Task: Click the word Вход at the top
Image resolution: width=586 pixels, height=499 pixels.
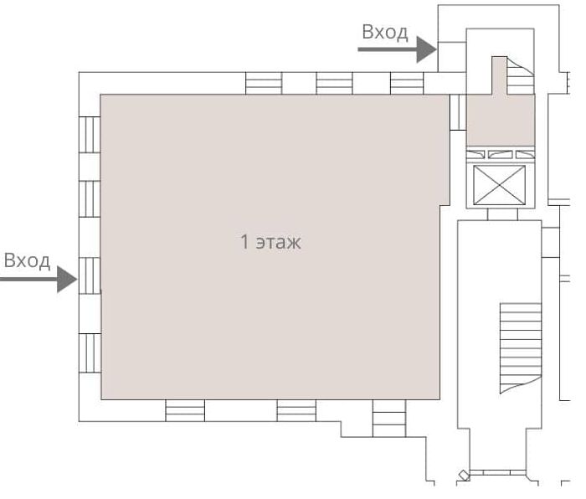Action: tap(385, 32)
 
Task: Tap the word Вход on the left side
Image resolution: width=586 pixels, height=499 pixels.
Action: tap(27, 260)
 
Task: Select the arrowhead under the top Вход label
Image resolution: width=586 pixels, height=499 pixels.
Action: tap(427, 49)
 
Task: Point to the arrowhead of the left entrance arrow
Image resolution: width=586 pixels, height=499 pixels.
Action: tap(67, 279)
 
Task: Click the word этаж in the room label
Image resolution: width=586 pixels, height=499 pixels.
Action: tap(279, 242)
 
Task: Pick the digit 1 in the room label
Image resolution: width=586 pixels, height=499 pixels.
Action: tap(244, 241)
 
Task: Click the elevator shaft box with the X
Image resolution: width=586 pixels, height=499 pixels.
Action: tap(499, 185)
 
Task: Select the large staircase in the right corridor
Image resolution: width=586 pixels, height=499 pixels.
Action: tap(521, 348)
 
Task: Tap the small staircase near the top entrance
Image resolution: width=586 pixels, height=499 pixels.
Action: tap(520, 75)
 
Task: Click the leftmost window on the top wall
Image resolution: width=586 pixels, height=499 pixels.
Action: tap(264, 83)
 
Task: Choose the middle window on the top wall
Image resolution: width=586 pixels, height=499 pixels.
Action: tap(334, 83)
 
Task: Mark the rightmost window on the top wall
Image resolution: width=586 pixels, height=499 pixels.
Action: tap(407, 83)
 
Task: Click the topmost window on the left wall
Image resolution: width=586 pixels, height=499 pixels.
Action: tap(90, 135)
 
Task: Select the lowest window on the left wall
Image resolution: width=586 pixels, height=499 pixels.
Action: tap(90, 353)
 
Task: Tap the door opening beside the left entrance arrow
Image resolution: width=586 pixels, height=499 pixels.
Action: tap(90, 275)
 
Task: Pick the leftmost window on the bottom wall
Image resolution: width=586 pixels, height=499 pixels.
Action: tap(185, 410)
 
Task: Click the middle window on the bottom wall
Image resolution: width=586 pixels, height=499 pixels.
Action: tap(296, 410)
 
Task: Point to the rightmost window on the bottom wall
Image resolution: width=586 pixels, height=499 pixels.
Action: tap(389, 419)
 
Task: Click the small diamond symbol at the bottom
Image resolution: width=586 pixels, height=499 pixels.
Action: tap(465, 475)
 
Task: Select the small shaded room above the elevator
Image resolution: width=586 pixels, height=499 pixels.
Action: tap(501, 120)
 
